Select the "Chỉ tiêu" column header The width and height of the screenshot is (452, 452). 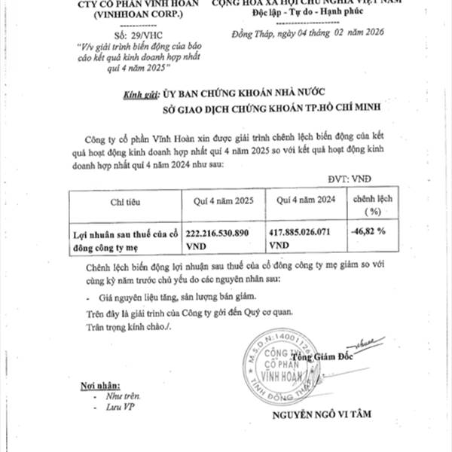click(126, 202)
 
